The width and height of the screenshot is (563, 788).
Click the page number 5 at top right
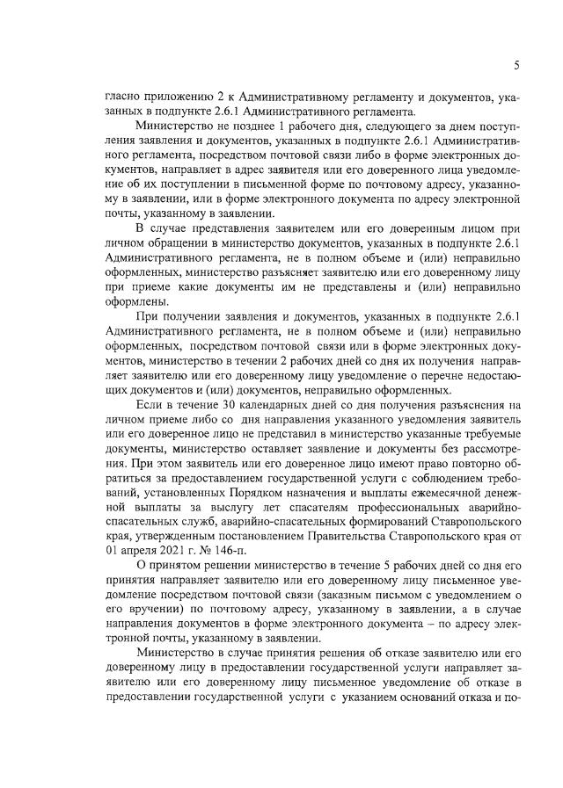click(x=516, y=66)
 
